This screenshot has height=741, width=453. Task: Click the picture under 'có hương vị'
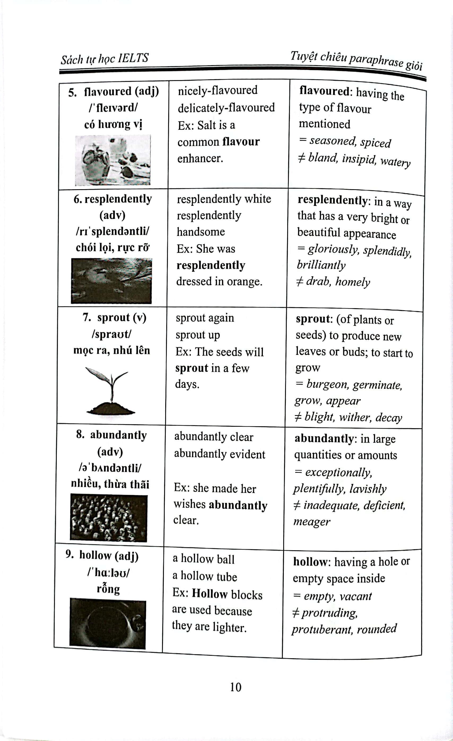(x=113, y=160)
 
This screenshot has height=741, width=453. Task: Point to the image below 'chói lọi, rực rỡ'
(x=111, y=281)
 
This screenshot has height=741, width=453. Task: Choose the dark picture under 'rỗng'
(x=108, y=623)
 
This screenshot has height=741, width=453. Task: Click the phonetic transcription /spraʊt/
(x=111, y=334)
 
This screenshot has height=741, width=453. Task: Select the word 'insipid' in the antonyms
(x=359, y=159)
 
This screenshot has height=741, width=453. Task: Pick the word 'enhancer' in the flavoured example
(x=200, y=158)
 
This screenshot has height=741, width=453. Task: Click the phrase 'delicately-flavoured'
(x=226, y=108)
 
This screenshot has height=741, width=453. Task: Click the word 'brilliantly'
(x=321, y=265)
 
